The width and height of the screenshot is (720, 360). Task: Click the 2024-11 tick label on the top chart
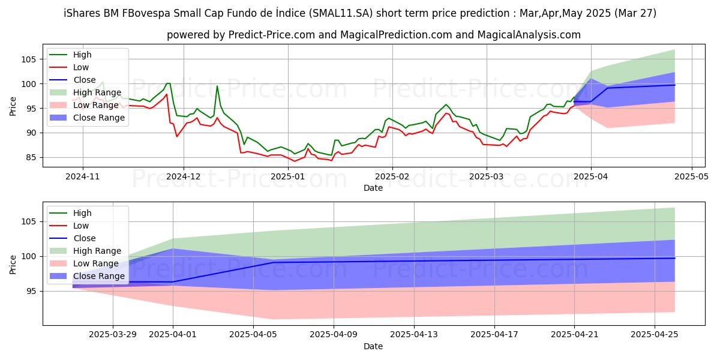83,176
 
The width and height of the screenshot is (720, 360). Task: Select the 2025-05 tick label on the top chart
692,176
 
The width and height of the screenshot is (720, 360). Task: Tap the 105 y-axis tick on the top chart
29,59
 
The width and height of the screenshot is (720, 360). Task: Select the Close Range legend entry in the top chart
98,118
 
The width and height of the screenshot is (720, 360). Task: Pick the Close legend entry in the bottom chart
84,238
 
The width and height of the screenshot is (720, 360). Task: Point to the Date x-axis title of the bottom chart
373,346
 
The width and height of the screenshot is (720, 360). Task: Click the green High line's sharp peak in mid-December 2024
217,86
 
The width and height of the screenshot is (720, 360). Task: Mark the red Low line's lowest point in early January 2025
294,161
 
